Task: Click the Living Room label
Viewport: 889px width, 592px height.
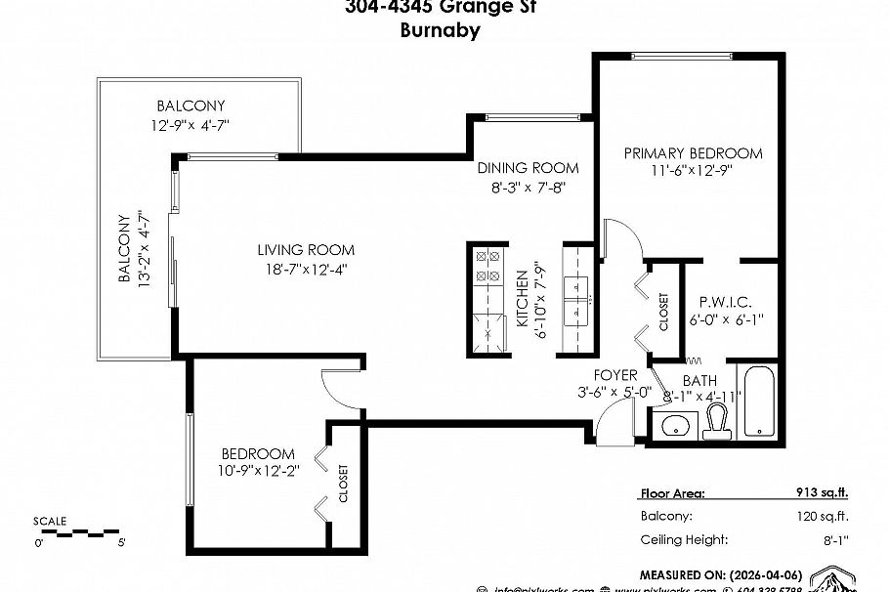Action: pyautogui.click(x=306, y=250)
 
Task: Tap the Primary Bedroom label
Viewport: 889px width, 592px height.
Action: pyautogui.click(x=693, y=153)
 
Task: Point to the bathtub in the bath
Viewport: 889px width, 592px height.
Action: pyautogui.click(x=759, y=402)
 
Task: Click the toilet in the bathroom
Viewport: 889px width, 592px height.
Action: pyautogui.click(x=717, y=421)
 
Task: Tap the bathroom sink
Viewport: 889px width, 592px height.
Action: pyautogui.click(x=674, y=425)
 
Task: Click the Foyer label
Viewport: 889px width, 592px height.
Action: pyautogui.click(x=615, y=375)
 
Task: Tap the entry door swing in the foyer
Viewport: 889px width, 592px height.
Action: pyautogui.click(x=613, y=426)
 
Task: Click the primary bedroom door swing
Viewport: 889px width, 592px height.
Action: pyautogui.click(x=619, y=240)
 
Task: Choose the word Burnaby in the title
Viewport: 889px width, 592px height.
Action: pyautogui.click(x=440, y=29)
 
